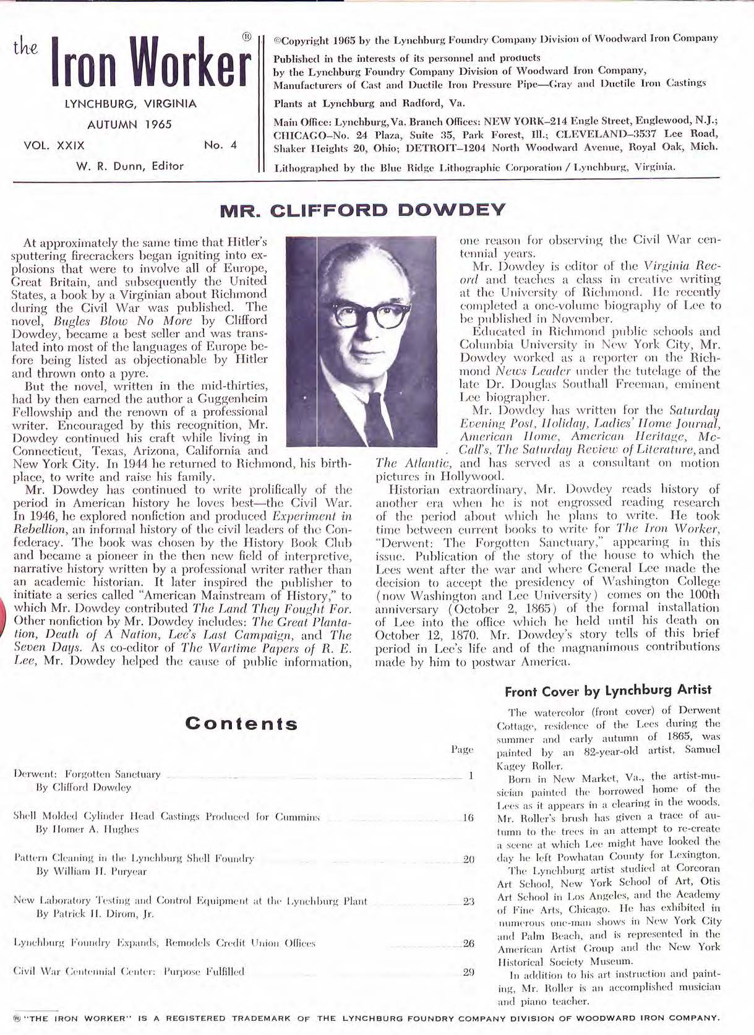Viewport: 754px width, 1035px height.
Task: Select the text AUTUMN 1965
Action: pyautogui.click(x=129, y=124)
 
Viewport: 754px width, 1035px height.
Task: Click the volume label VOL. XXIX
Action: pyautogui.click(x=54, y=146)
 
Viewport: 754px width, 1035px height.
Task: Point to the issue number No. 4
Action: pyautogui.click(x=220, y=146)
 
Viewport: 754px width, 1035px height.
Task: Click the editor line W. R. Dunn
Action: pyautogui.click(x=130, y=166)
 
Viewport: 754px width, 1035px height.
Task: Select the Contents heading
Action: pyautogui.click(x=242, y=724)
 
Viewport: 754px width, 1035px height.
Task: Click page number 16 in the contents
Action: pyautogui.click(x=468, y=817)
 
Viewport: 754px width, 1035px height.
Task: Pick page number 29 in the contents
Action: pyautogui.click(x=469, y=971)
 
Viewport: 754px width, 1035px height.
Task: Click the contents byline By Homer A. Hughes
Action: pyautogui.click(x=87, y=829)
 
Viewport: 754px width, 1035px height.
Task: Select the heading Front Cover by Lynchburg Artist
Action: pyautogui.click(x=608, y=690)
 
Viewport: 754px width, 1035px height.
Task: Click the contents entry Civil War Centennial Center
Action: pyautogui.click(x=129, y=971)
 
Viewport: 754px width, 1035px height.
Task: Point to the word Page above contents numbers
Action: pyautogui.click(x=462, y=750)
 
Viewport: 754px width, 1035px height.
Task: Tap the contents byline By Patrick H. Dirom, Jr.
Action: pyautogui.click(x=95, y=913)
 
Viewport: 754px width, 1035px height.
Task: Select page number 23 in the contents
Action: pyautogui.click(x=469, y=901)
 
